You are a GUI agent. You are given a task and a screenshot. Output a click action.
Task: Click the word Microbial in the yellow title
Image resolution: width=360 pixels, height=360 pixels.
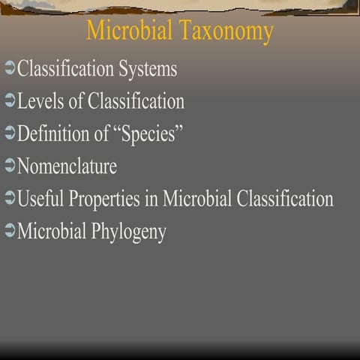[129, 31]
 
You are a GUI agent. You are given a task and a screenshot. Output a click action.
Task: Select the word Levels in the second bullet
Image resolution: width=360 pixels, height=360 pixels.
[39, 101]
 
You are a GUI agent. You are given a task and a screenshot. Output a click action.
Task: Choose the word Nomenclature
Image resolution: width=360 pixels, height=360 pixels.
[67, 166]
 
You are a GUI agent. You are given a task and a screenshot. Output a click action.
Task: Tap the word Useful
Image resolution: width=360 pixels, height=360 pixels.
[40, 199]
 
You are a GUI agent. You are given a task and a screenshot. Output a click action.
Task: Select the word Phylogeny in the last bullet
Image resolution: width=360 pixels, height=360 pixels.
[129, 232]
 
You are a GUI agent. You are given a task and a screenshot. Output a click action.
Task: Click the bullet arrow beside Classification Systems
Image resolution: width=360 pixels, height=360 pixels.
[9, 70]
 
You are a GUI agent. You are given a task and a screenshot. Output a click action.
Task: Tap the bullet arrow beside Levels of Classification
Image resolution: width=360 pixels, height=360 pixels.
[9, 102]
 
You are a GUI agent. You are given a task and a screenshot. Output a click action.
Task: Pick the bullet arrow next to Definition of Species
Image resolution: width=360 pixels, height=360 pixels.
[9, 134]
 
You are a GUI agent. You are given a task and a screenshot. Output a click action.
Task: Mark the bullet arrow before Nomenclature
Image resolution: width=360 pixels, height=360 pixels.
[9, 166]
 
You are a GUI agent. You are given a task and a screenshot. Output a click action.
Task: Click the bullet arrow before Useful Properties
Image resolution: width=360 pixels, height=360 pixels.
[9, 199]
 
